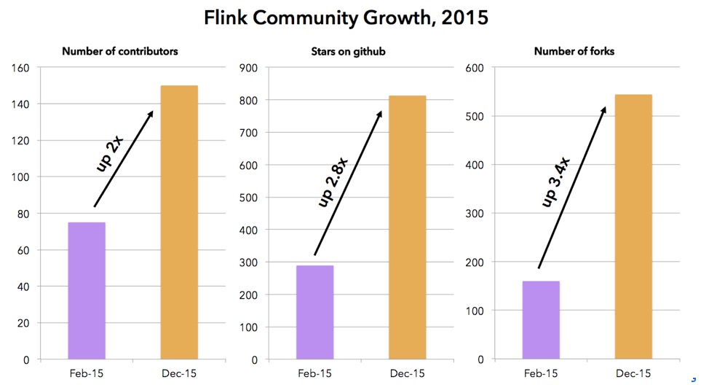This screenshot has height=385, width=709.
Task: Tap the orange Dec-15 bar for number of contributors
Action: [x=179, y=222]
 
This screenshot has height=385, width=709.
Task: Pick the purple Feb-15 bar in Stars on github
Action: [x=314, y=312]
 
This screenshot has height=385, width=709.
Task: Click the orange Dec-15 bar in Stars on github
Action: [x=407, y=227]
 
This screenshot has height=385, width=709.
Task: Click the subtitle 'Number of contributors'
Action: [x=120, y=51]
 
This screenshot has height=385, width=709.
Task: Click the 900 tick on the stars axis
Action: [x=249, y=68]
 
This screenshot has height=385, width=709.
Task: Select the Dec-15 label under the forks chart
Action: [x=633, y=373]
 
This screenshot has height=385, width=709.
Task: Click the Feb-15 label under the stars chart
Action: [x=314, y=373]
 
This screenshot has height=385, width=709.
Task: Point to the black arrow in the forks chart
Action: [x=571, y=187]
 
